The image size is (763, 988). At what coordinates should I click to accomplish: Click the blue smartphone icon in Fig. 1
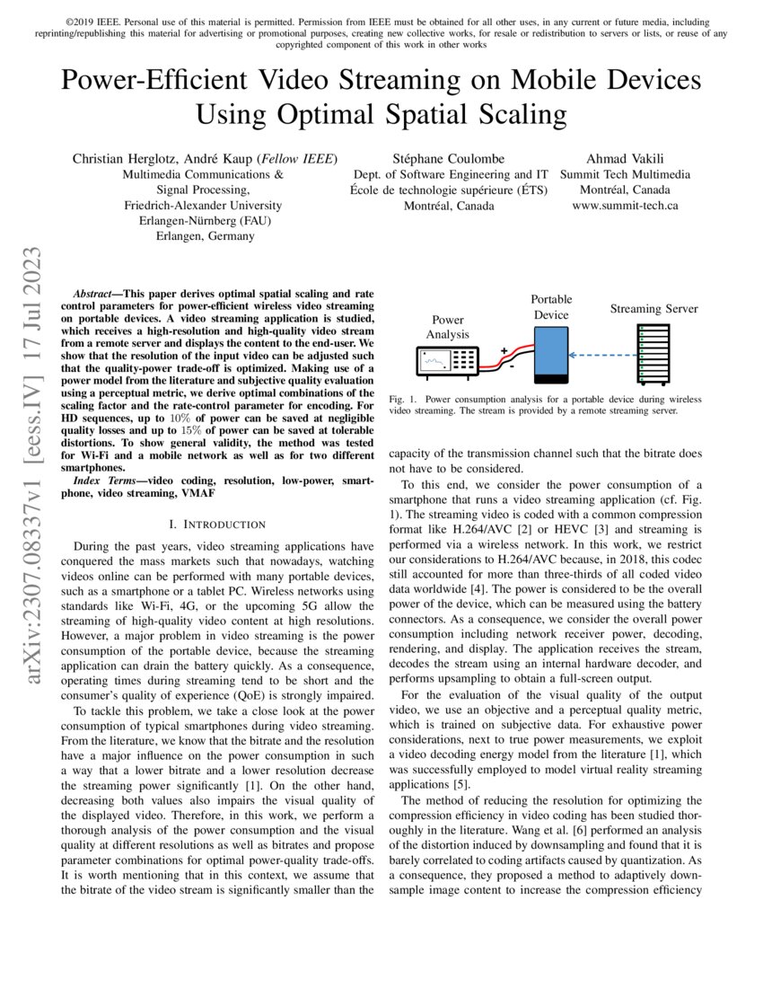(x=550, y=356)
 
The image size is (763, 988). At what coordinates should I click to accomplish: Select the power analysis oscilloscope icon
(x=447, y=361)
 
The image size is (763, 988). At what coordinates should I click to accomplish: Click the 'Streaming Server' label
(x=653, y=309)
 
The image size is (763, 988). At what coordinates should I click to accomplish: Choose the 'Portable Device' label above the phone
(x=551, y=306)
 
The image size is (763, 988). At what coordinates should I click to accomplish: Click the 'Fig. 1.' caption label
(x=403, y=398)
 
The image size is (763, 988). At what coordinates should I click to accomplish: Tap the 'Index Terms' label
(x=102, y=483)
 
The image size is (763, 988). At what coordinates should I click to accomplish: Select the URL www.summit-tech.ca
(x=625, y=205)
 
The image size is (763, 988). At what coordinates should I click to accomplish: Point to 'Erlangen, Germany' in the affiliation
(x=205, y=235)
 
